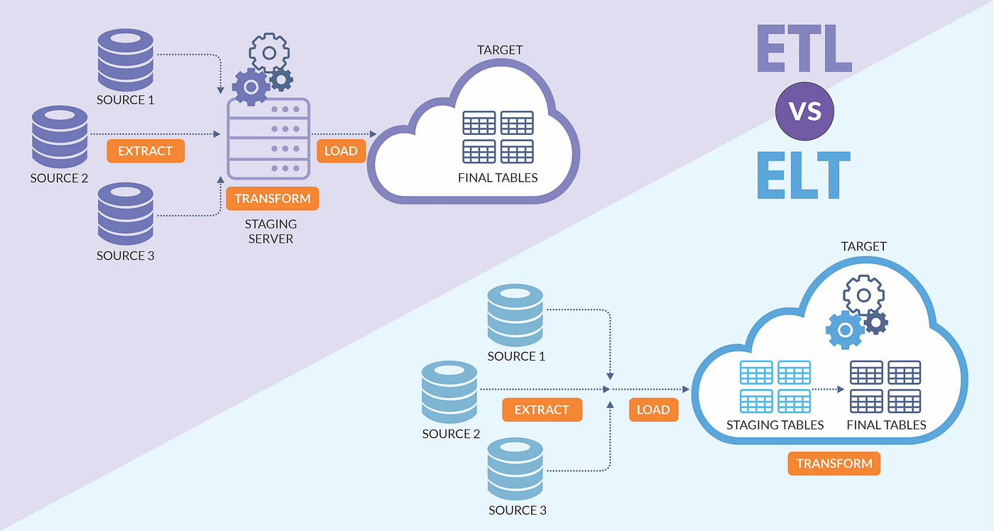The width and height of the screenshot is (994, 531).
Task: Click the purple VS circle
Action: pyautogui.click(x=804, y=111)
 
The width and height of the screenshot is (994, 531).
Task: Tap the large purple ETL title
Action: pyautogui.click(x=804, y=48)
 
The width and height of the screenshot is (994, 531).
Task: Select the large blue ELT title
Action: pyautogui.click(x=804, y=175)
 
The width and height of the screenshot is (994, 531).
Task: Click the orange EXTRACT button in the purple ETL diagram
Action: pyautogui.click(x=146, y=150)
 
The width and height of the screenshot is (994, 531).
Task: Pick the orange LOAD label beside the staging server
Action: pyautogui.click(x=341, y=150)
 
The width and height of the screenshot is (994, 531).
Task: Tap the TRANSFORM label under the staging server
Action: pyautogui.click(x=273, y=198)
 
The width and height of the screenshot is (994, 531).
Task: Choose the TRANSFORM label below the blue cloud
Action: pyautogui.click(x=834, y=464)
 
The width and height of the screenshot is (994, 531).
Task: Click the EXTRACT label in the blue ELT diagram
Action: pyautogui.click(x=542, y=410)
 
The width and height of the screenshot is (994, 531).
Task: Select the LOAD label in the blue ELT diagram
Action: pyautogui.click(x=653, y=410)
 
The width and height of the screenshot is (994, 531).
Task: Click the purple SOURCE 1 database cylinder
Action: pyautogui.click(x=126, y=60)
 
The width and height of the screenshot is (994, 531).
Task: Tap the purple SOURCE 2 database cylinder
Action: pyautogui.click(x=60, y=137)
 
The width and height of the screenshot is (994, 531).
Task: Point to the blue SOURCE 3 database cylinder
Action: pyautogui.click(x=515, y=469)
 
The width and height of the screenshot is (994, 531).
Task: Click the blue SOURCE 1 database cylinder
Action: pyautogui.click(x=515, y=315)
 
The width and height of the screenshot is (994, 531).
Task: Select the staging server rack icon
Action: pyautogui.click(x=268, y=138)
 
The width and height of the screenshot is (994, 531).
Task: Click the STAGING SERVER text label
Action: pyautogui.click(x=271, y=231)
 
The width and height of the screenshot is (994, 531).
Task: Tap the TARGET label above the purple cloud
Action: pyautogui.click(x=500, y=50)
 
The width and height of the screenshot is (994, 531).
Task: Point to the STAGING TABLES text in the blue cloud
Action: pyautogui.click(x=775, y=425)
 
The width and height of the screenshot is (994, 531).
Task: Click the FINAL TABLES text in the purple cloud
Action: pyautogui.click(x=498, y=178)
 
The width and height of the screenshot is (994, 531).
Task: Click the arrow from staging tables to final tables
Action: pyautogui.click(x=828, y=389)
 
